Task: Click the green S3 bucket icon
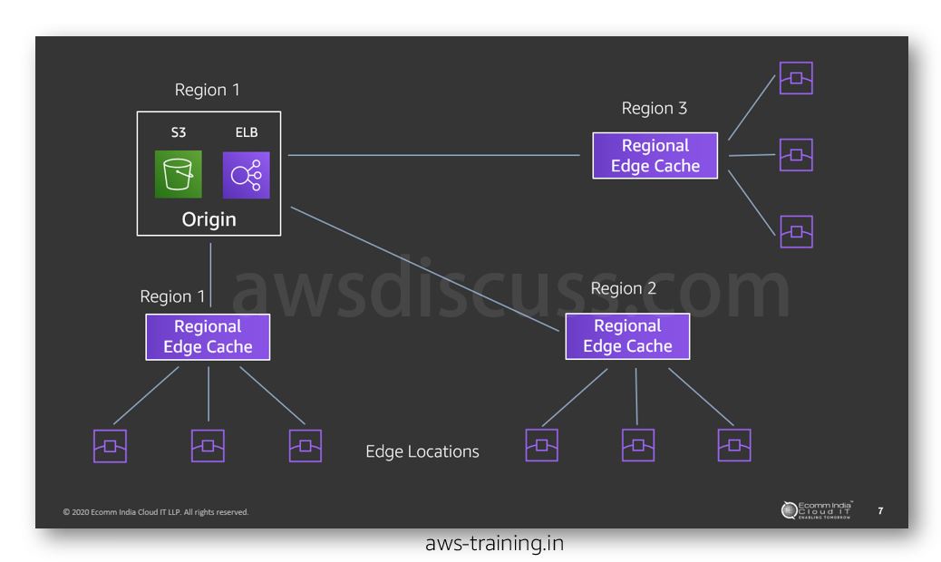tap(178, 174)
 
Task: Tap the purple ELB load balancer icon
tap(246, 174)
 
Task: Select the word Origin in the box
tap(209, 219)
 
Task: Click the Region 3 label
tap(654, 109)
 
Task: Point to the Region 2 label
tap(623, 289)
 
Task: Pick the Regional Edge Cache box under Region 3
tap(655, 156)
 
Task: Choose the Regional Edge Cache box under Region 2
tap(627, 336)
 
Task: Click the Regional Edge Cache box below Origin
tap(208, 336)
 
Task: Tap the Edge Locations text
tap(422, 451)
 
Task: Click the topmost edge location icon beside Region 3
tap(796, 79)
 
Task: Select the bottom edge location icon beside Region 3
tap(796, 232)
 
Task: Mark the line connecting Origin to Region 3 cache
tap(435, 156)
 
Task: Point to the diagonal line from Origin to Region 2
tap(426, 267)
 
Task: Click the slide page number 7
tap(880, 511)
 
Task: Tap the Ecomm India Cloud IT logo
tap(817, 511)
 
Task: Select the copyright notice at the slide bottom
tap(155, 512)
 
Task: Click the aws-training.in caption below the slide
tap(494, 544)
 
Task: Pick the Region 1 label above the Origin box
tap(207, 90)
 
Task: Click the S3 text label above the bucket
tap(178, 132)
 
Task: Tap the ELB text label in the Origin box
tap(246, 132)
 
